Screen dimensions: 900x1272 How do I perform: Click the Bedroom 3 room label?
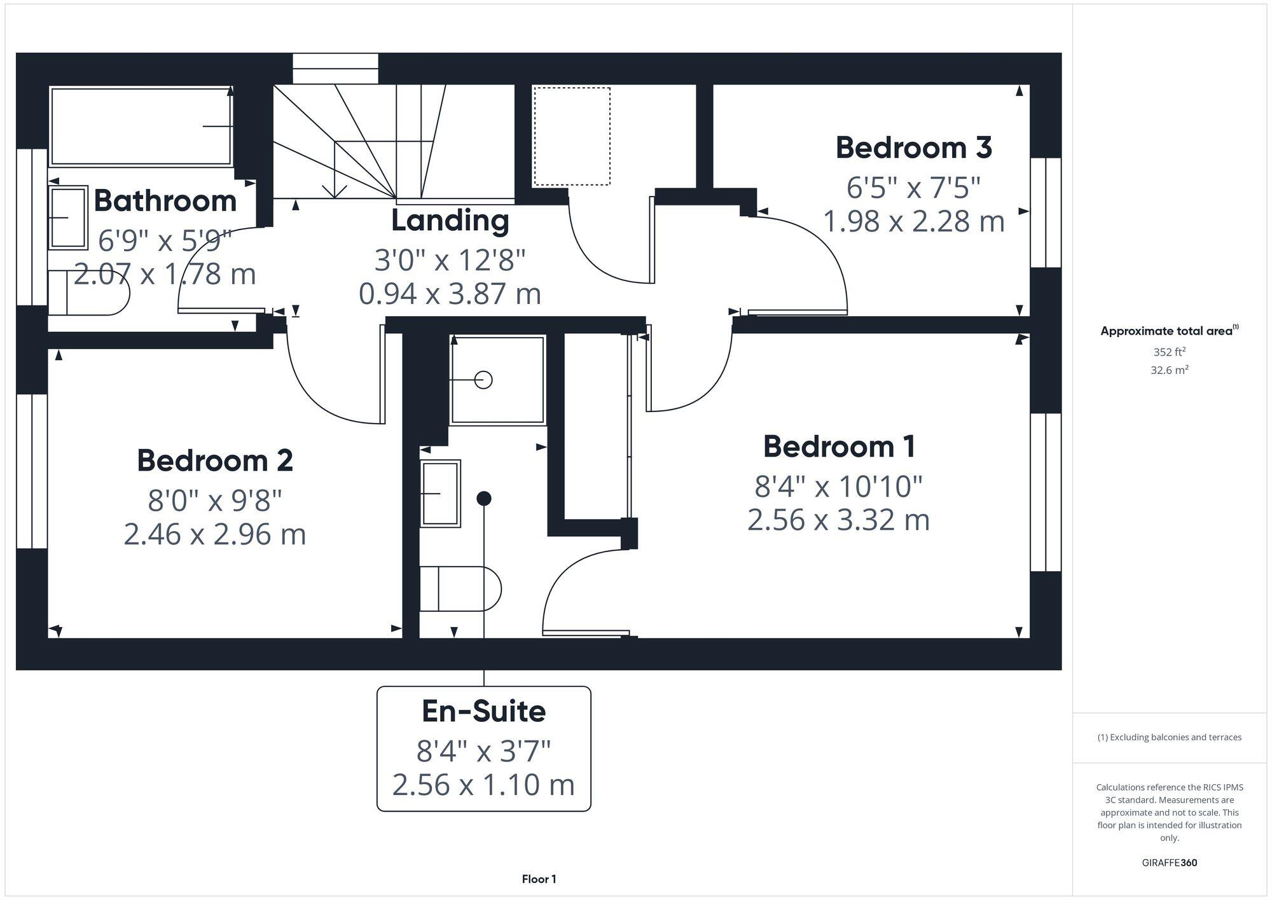[913, 148]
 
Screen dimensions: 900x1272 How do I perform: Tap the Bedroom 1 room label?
[839, 447]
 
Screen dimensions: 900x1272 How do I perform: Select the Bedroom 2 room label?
[215, 460]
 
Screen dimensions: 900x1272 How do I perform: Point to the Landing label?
[450, 221]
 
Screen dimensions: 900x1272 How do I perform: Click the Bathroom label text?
[165, 201]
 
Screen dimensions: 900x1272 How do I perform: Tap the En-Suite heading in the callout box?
[483, 711]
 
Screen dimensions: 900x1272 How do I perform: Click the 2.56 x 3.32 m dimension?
[838, 520]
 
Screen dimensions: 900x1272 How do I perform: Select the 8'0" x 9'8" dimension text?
[215, 501]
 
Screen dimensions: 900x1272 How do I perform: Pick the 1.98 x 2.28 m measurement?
[913, 221]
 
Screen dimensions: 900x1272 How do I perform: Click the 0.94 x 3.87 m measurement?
[450, 294]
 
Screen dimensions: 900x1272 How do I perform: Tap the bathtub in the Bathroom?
[141, 127]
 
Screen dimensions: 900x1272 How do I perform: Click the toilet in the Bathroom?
[89, 293]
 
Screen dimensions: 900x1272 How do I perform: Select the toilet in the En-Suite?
[460, 589]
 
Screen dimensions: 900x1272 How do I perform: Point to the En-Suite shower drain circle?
[483, 380]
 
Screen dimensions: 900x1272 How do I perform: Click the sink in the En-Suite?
[440, 493]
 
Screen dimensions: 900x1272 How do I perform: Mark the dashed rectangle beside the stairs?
[571, 136]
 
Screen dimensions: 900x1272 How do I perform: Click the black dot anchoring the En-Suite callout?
[484, 499]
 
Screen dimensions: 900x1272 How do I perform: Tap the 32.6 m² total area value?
[1169, 370]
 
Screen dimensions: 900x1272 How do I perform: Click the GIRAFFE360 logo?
[1169, 863]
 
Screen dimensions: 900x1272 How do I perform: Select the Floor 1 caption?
[539, 879]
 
